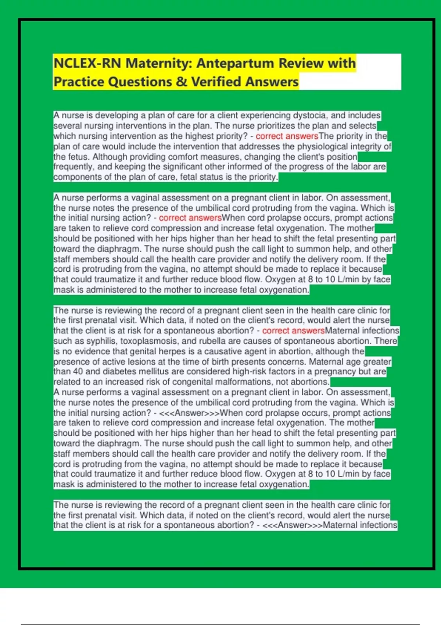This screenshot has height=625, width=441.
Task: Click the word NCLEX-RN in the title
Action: (x=87, y=63)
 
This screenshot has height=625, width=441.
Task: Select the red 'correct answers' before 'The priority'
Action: (x=287, y=136)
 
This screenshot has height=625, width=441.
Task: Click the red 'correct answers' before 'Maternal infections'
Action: (x=293, y=331)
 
